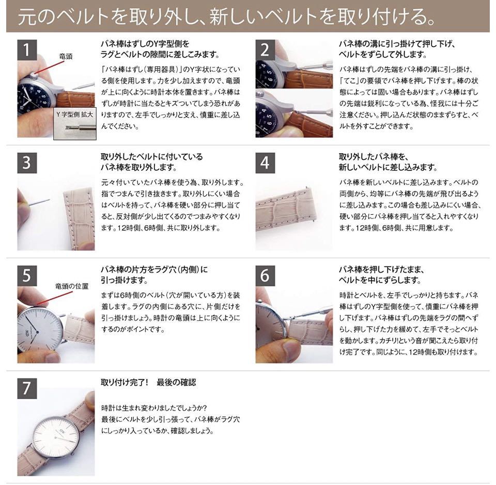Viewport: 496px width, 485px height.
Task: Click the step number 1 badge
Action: tap(27, 50)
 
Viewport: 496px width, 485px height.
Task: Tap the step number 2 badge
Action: tap(265, 50)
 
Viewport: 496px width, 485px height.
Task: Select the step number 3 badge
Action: tap(27, 163)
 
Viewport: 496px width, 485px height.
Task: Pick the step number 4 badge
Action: tap(265, 163)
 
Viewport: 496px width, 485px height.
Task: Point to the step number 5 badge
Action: tap(27, 276)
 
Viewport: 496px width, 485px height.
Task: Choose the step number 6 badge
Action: tap(265, 276)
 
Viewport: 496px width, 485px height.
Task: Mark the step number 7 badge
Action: tap(27, 388)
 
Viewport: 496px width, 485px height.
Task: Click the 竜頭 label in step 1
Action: tap(66, 56)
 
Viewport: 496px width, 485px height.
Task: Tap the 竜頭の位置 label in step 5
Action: tap(72, 286)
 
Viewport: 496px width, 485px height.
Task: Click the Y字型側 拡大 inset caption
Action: tap(74, 114)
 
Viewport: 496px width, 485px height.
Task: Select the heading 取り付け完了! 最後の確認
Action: tap(148, 383)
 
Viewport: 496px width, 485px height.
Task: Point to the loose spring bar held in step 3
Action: tap(40, 202)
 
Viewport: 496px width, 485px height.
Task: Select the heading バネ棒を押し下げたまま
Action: tap(381, 270)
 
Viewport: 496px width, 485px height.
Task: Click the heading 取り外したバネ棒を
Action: tap(374, 157)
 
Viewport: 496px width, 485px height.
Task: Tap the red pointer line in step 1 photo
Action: tap(51, 67)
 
